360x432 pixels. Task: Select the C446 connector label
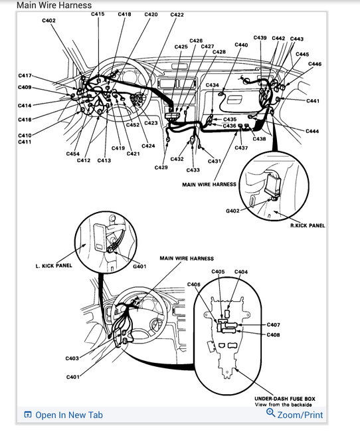click(x=315, y=64)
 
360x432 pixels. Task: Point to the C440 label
click(x=241, y=45)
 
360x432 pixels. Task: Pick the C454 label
click(x=73, y=154)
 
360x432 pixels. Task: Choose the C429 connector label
click(x=161, y=167)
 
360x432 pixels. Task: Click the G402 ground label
click(x=232, y=211)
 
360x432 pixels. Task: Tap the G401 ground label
click(x=139, y=267)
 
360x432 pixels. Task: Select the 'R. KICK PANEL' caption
click(x=308, y=225)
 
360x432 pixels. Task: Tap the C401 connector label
click(x=72, y=377)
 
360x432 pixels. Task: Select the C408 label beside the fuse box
click(x=273, y=334)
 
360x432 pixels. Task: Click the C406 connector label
click(x=193, y=284)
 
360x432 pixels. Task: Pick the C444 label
click(x=312, y=132)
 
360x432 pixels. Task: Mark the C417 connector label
click(x=25, y=76)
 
